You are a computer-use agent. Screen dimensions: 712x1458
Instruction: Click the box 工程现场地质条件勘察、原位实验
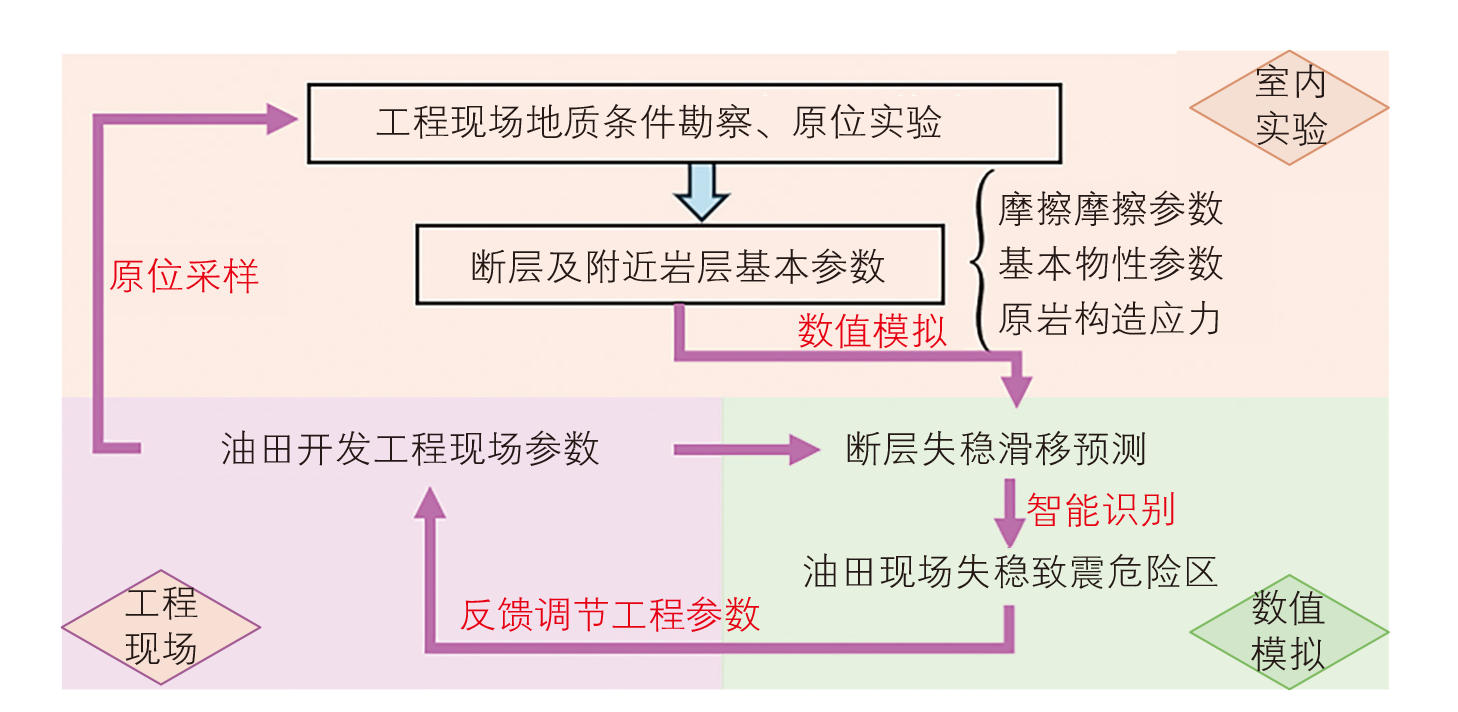683,123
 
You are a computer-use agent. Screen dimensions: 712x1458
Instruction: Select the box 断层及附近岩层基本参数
679,265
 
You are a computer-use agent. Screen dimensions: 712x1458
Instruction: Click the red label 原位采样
184,275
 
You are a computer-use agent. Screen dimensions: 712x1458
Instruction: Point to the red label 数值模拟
872,330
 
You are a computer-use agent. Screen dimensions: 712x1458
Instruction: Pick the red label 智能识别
1101,510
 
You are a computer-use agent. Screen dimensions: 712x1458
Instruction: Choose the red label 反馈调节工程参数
610,614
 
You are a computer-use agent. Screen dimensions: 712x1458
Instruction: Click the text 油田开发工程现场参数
410,449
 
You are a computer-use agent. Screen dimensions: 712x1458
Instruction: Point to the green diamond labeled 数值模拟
1289,631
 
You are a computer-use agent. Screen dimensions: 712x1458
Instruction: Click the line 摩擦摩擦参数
1110,209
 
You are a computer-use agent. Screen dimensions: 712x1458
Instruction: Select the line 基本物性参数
1110,264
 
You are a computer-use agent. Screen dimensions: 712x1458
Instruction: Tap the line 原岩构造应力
1110,319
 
